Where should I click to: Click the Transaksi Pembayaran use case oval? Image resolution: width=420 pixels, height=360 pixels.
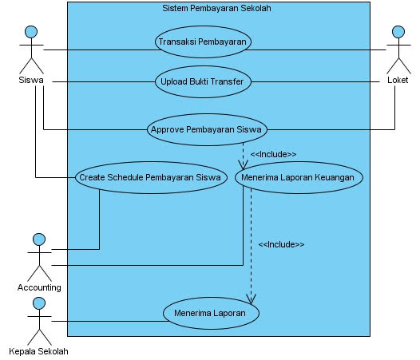(203, 42)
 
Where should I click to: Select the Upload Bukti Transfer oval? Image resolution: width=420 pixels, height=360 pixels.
(203, 81)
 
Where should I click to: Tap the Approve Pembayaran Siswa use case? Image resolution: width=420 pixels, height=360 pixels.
(207, 129)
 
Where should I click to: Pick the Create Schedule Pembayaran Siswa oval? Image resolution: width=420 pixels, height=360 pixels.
(152, 177)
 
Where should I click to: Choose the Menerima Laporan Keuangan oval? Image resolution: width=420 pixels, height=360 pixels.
(299, 177)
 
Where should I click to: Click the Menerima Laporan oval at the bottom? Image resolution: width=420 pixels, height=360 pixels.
(211, 313)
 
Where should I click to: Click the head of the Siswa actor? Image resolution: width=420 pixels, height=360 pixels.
(31, 32)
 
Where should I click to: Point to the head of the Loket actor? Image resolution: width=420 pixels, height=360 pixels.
(398, 32)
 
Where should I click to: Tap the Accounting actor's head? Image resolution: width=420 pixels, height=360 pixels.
(39, 239)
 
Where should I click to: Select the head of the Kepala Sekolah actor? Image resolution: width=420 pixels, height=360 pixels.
(39, 303)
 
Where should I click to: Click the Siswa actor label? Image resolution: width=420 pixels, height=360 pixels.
(31, 80)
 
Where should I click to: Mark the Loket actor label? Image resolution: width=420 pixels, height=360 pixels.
(398, 80)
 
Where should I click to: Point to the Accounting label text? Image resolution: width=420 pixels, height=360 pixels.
(39, 287)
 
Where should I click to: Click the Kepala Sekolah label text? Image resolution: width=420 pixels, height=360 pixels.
(38, 351)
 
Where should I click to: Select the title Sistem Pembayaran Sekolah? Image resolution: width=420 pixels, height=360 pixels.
(216, 8)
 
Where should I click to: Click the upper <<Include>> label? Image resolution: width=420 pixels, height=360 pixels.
(274, 154)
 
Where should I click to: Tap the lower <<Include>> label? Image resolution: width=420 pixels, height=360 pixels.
(282, 244)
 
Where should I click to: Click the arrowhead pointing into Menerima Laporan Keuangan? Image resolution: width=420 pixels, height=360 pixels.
(243, 165)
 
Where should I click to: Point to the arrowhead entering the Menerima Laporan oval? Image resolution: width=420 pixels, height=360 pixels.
(251, 299)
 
